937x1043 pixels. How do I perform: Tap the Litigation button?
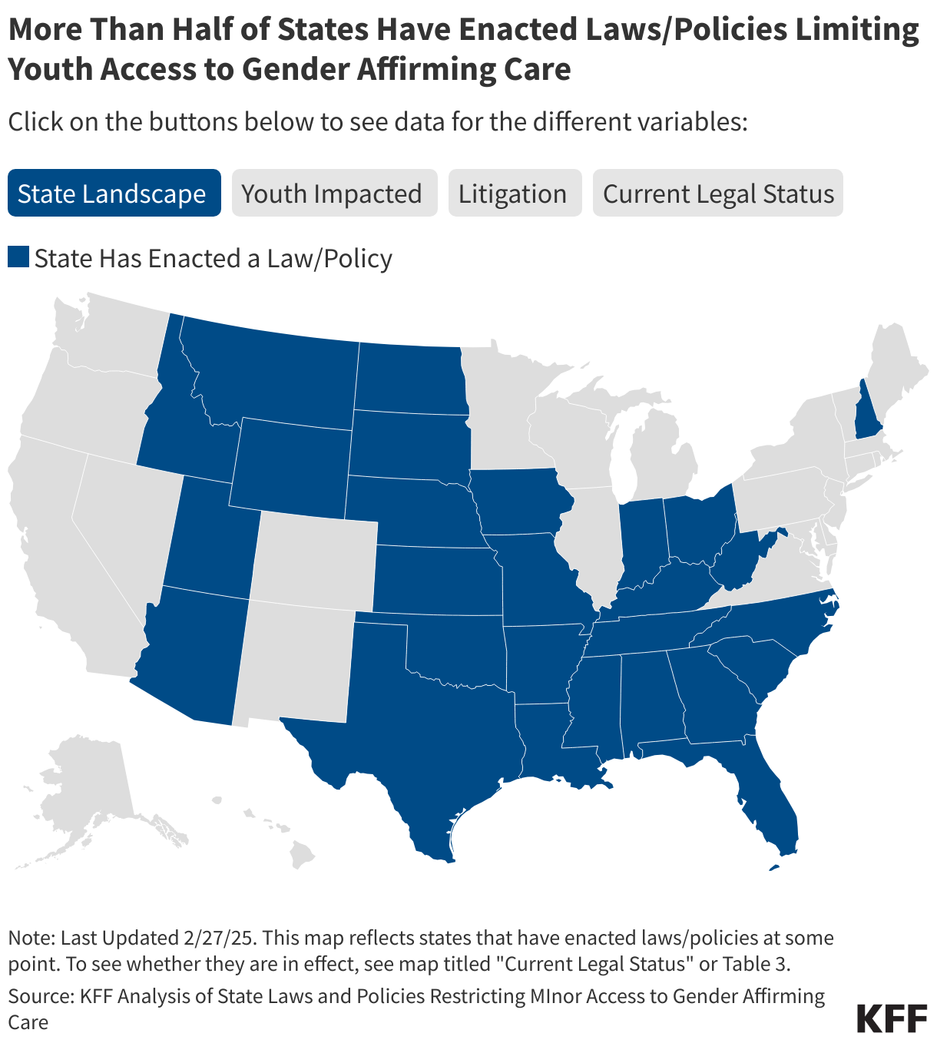(512, 194)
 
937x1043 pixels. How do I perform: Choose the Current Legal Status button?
(718, 194)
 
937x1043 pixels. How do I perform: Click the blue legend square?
(18, 257)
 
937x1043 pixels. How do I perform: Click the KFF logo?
(892, 1018)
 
